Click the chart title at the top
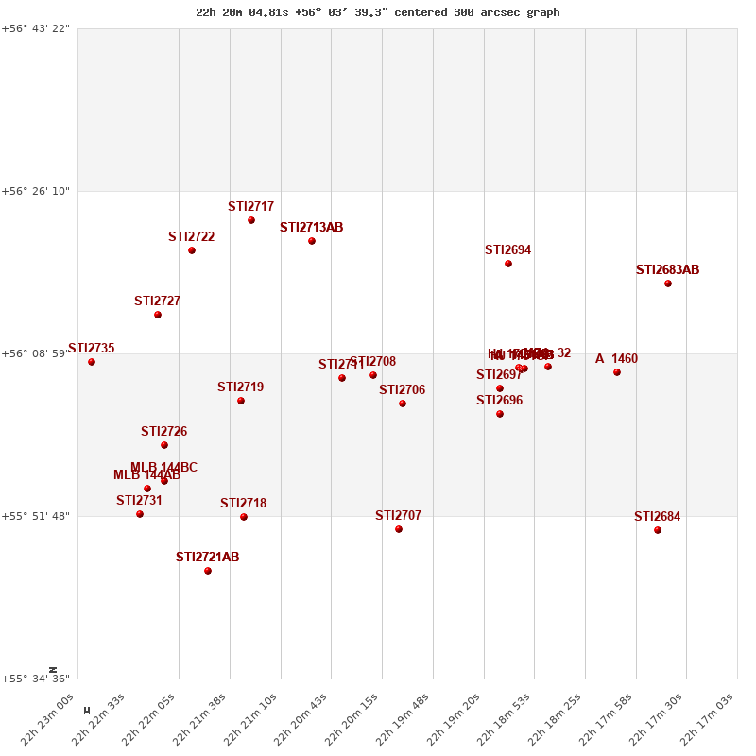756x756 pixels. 377,12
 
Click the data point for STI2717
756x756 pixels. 251,220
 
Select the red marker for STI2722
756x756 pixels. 192,250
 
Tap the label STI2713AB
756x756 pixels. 311,228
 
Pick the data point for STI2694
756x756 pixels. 508,264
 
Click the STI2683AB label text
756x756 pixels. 667,270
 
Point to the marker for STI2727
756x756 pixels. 158,315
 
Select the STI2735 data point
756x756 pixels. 92,362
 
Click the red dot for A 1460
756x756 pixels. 617,372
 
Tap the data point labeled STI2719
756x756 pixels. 241,401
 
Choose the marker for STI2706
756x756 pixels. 403,404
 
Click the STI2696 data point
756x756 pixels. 500,414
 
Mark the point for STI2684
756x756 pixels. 658,530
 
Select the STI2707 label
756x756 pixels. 398,516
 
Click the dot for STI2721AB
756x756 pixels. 208,571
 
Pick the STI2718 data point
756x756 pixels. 244,517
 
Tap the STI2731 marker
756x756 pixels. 140,514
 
